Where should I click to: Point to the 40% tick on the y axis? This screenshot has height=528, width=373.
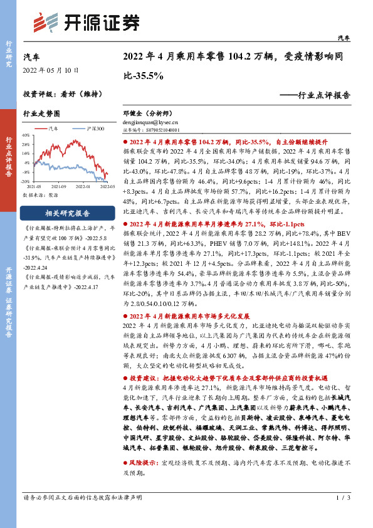[x=26, y=135]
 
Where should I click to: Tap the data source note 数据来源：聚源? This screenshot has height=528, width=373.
[x=39, y=195]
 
